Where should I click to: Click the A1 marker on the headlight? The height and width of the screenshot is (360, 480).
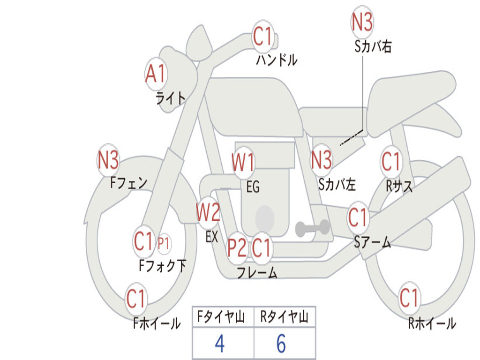click(x=156, y=74)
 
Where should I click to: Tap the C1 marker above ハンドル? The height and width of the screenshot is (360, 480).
click(x=263, y=36)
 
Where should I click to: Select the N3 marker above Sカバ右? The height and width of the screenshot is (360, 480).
click(x=362, y=22)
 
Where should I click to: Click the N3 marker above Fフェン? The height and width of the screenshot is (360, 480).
click(x=108, y=160)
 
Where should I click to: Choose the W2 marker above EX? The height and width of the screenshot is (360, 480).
click(x=208, y=213)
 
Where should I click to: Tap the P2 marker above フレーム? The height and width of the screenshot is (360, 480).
click(x=237, y=247)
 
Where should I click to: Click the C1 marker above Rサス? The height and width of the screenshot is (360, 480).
click(x=391, y=162)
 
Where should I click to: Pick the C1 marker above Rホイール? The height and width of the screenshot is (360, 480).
click(x=409, y=298)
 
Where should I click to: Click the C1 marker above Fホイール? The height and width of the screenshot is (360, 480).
click(x=136, y=298)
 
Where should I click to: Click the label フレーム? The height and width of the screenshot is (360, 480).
click(x=256, y=272)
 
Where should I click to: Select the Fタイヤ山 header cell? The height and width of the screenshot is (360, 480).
click(x=223, y=317)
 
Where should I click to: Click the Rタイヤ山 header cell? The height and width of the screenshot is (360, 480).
click(x=285, y=317)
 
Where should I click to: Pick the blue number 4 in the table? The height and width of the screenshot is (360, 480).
click(x=219, y=344)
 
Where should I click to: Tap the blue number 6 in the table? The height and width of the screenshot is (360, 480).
click(x=281, y=344)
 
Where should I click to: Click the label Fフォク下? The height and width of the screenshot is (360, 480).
click(x=162, y=266)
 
